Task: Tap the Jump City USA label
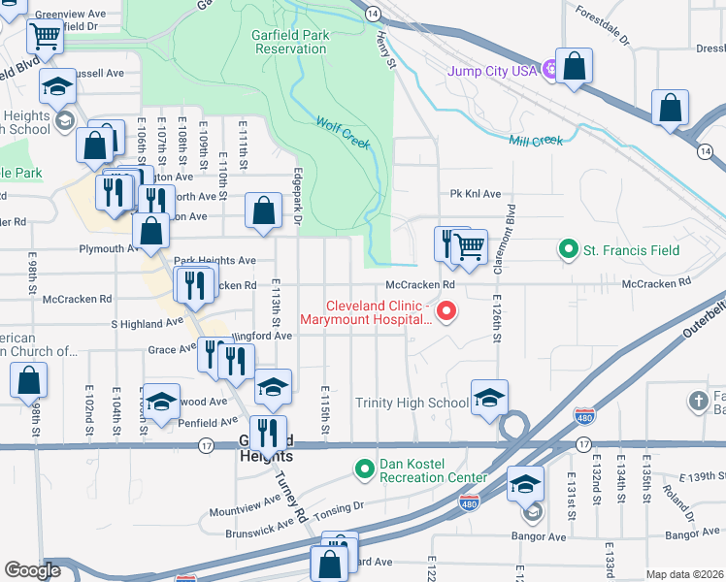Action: click(492, 71)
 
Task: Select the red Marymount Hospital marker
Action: click(446, 311)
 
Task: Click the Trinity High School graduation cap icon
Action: click(489, 397)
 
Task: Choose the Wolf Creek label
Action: click(343, 133)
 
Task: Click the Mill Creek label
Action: click(536, 141)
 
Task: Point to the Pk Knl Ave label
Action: click(475, 194)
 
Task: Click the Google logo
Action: click(32, 571)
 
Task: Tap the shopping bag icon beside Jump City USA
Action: click(575, 67)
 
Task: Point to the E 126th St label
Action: click(497, 317)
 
